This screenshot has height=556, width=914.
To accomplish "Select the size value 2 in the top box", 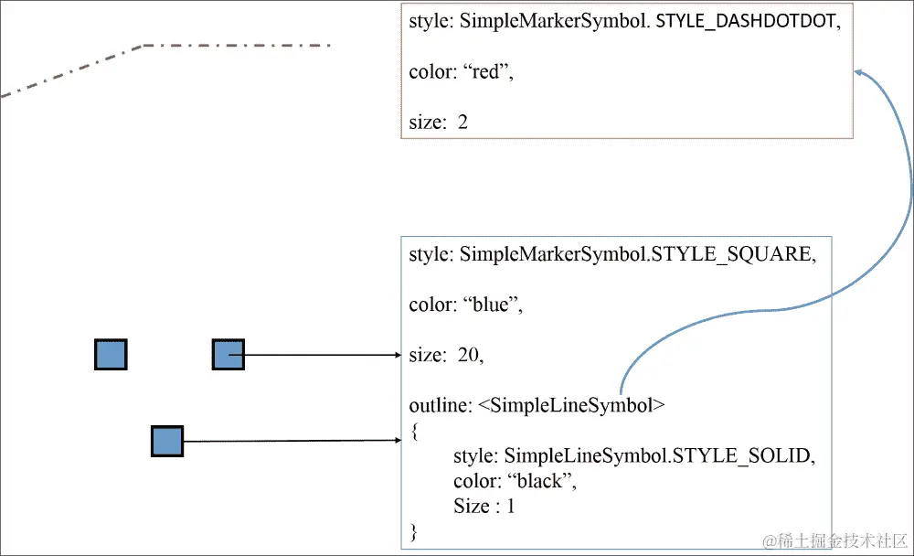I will [x=462, y=122].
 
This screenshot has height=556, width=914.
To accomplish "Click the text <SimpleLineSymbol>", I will [x=571, y=405].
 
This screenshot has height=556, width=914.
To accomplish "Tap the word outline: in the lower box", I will [x=440, y=405].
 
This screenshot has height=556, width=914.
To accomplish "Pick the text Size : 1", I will [x=484, y=505].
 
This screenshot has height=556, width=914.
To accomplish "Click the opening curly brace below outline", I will [x=414, y=430].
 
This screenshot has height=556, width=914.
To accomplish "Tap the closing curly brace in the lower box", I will [x=414, y=530].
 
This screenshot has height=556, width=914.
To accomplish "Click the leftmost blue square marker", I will [x=111, y=354].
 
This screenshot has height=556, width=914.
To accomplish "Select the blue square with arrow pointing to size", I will [x=228, y=354].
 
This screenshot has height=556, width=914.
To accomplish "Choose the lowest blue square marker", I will [x=166, y=441].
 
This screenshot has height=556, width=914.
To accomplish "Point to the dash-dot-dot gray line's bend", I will [x=143, y=45].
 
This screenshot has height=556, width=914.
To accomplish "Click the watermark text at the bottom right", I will [x=835, y=540].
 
